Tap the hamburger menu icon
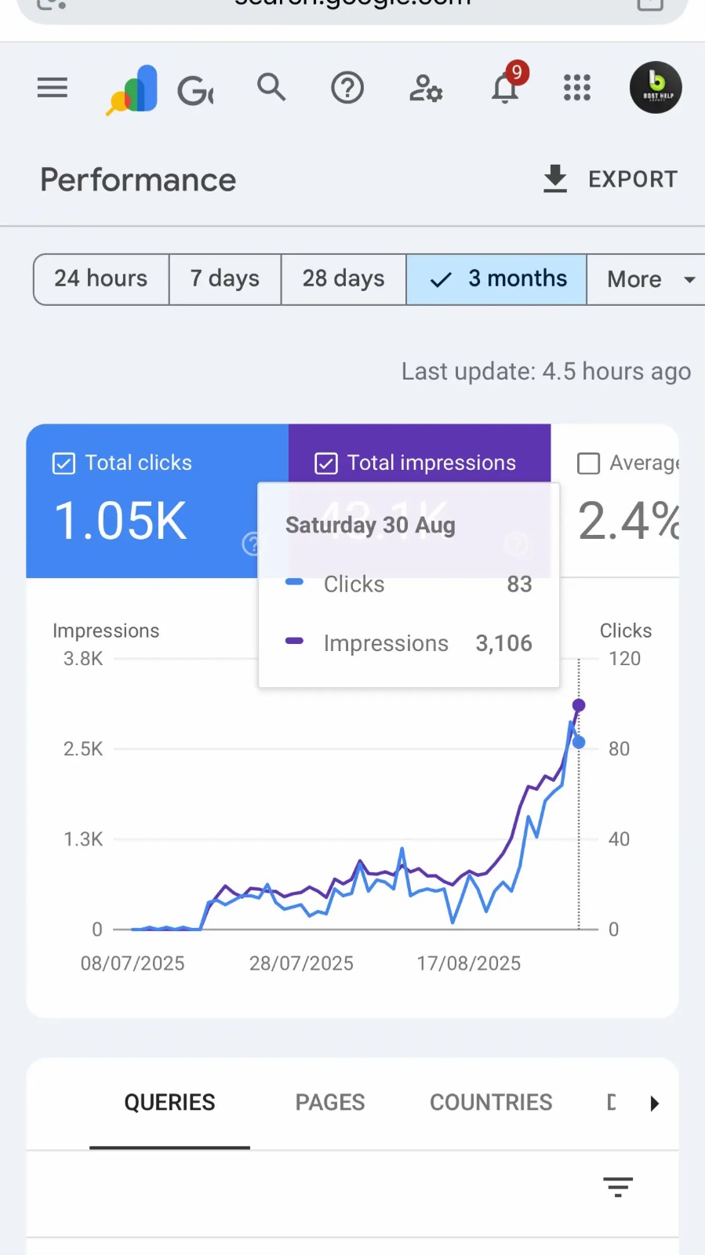click(53, 88)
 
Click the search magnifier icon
click(271, 87)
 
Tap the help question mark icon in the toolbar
click(347, 88)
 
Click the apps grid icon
click(577, 88)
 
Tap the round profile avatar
click(656, 88)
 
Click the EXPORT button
click(610, 179)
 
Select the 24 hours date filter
click(101, 278)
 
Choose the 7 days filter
click(225, 278)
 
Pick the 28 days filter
click(343, 278)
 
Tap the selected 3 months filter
click(497, 278)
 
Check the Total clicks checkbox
click(64, 464)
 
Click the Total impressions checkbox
click(326, 464)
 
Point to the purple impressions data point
click(579, 705)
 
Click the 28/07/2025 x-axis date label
click(301, 963)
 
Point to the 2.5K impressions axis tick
click(83, 749)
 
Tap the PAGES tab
click(330, 1102)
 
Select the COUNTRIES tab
click(491, 1102)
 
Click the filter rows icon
click(618, 1187)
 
